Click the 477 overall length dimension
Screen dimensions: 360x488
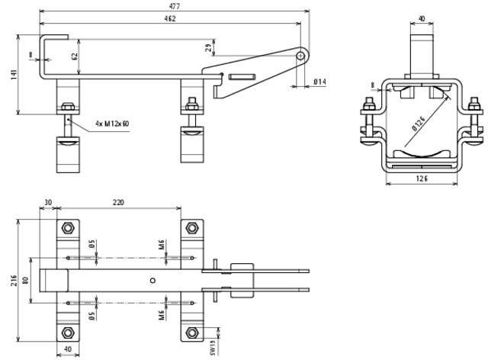pos(175,6)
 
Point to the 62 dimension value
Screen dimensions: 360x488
pos(75,56)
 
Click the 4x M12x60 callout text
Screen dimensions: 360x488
pos(111,124)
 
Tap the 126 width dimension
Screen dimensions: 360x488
pos(422,178)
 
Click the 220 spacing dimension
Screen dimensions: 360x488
pos(118,203)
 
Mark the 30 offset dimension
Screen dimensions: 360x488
pos(48,203)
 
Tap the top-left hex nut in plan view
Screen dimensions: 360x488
pos(67,227)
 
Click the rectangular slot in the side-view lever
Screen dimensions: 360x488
pos(242,76)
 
